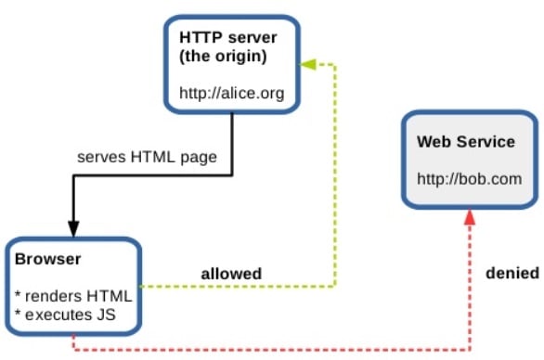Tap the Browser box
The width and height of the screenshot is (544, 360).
click(71, 287)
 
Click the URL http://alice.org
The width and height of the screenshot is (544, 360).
click(231, 94)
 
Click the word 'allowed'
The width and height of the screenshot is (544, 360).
click(231, 274)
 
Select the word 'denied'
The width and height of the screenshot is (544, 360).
click(512, 274)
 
